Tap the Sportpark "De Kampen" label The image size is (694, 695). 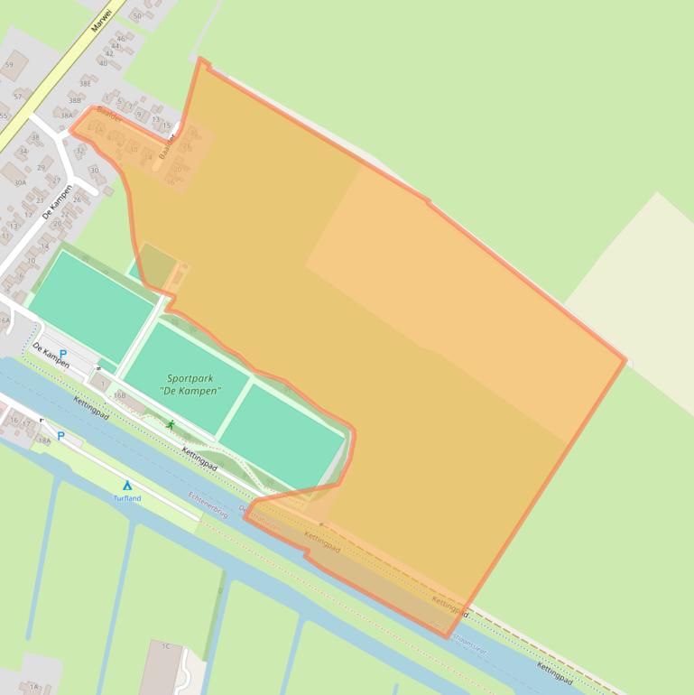tap(194, 385)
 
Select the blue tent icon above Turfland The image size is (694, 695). tap(127, 486)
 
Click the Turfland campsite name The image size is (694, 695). tap(127, 498)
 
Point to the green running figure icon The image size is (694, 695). tap(171, 424)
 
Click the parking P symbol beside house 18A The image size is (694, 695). tap(61, 436)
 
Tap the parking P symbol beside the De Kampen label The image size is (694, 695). tap(62, 355)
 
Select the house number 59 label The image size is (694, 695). tap(9, 64)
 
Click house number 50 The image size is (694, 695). tap(137, 16)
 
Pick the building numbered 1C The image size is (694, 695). tap(166, 646)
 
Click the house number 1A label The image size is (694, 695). tap(34, 687)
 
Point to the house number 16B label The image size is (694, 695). tap(119, 395)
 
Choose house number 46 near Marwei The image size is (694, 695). tap(121, 39)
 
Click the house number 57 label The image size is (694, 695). tap(17, 96)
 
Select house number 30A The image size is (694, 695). tap(20, 182)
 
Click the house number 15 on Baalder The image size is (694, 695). tap(166, 125)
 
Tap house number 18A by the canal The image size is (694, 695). tap(43, 440)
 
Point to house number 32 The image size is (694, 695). tap(79, 150)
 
